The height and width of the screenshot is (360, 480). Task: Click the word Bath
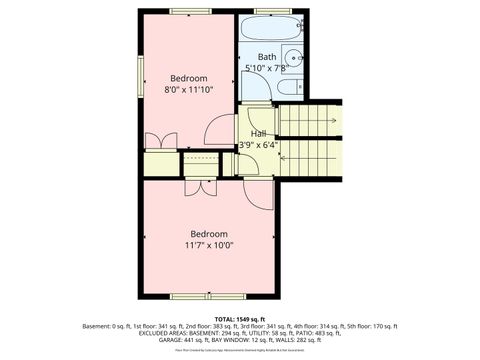267,57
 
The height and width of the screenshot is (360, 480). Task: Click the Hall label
258,133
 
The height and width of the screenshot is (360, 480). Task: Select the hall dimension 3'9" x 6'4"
257,144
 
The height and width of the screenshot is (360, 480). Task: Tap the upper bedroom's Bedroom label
188,78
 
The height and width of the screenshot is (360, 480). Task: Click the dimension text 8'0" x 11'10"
188,89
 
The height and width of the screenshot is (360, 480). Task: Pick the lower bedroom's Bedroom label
209,234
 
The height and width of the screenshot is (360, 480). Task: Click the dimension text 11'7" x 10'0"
209,245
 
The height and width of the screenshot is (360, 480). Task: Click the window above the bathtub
266,11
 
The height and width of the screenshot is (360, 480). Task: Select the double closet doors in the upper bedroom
155,140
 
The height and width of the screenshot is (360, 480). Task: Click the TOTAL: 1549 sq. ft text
239,317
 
